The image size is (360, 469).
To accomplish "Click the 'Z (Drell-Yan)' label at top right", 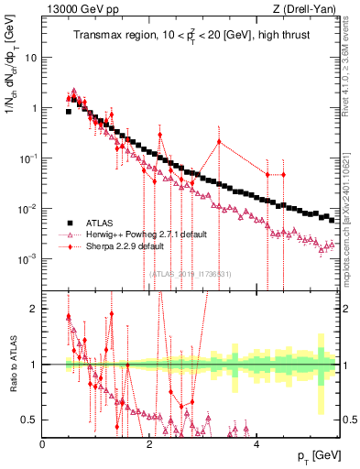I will click(x=303, y=9).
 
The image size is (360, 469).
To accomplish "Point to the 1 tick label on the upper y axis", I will click(x=34, y=108).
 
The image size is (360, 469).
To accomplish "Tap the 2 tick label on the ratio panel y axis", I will click(x=35, y=309).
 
